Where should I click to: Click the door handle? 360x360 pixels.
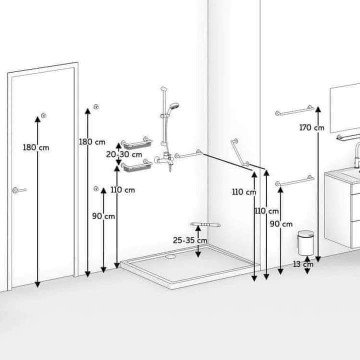pos(19,190)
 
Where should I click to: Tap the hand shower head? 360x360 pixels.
pos(174,106)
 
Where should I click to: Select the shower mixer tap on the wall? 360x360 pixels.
pos(165,160)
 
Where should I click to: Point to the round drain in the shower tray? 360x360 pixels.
pos(171,257)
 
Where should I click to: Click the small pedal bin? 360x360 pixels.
pos(306,243)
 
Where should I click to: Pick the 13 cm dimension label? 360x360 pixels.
pos(303,264)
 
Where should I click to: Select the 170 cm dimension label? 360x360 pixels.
pos(312,127)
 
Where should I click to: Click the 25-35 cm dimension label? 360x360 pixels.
pos(190,240)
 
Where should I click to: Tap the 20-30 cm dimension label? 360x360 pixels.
pos(124,154)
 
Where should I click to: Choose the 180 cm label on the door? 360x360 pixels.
pos(36,147)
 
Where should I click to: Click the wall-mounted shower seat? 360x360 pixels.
pos(206,225)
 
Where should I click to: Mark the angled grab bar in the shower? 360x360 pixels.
pos(240,152)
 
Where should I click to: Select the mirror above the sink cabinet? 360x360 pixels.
pos(345,107)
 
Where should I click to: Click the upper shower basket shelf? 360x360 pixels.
pos(137,143)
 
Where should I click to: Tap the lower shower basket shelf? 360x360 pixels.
pos(137,166)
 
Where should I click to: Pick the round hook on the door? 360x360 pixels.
pos(43,116)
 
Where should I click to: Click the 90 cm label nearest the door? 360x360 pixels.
pos(104,216)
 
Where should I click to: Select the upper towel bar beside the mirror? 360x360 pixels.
pos(295,111)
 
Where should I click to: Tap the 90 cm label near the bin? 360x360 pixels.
pos(281,224)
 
